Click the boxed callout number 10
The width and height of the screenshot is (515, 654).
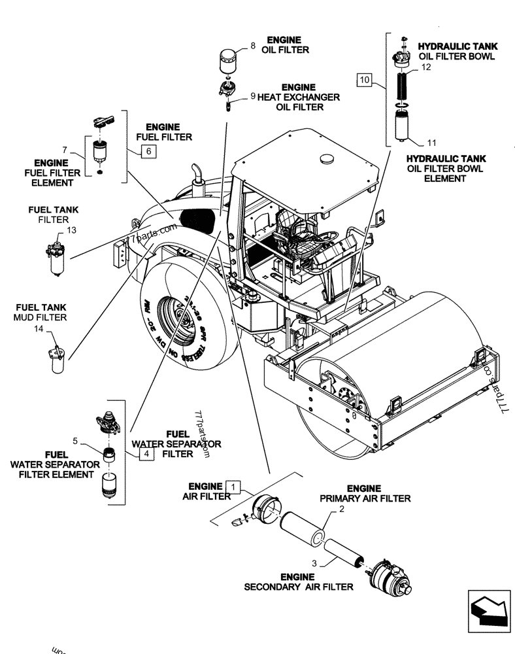tap(365, 81)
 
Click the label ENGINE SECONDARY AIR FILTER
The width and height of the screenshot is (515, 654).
tap(298, 581)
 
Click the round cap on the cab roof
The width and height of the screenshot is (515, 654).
tap(325, 159)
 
